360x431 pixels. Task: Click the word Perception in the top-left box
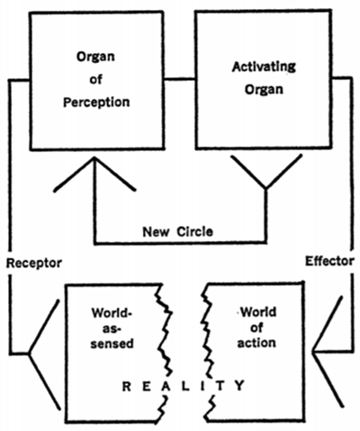[x=96, y=103]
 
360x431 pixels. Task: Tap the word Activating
[x=264, y=67]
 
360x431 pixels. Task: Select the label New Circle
[x=177, y=231]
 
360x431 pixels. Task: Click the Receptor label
[x=34, y=263]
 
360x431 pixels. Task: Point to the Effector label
[x=329, y=261]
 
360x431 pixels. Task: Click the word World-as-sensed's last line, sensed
[x=112, y=344]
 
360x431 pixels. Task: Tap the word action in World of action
[x=256, y=343]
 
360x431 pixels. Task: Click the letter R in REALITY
[x=127, y=386]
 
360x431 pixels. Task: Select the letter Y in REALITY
[x=240, y=385]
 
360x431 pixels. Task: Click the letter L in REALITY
[x=185, y=386]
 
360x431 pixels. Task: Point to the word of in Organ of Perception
[x=95, y=79]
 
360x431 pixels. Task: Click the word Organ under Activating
[x=264, y=89]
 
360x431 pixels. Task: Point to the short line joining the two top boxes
[x=180, y=79]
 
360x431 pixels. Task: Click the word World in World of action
[x=258, y=312]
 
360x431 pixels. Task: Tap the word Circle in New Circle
[x=194, y=231]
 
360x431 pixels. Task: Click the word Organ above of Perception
[x=95, y=57]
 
